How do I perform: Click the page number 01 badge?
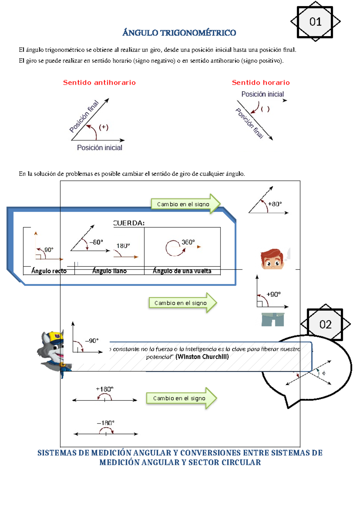[315, 22]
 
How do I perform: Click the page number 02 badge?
[325, 324]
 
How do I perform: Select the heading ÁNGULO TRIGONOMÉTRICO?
[179, 33]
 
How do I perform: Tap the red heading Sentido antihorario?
[99, 83]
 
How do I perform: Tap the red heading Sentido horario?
[261, 83]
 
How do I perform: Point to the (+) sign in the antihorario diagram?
[103, 127]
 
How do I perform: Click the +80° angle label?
[275, 204]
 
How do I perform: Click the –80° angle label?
[96, 242]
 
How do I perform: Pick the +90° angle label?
[274, 294]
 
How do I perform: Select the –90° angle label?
[91, 341]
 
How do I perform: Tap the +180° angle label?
[104, 389]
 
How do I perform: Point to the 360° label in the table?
[188, 242]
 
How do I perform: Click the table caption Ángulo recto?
[49, 271]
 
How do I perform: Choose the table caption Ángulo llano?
[109, 271]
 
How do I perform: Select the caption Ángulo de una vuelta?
[182, 271]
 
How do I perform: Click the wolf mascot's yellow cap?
[56, 337]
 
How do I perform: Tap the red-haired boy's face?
[272, 260]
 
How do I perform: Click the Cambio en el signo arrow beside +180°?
[181, 398]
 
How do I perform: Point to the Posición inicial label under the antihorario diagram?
[100, 148]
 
